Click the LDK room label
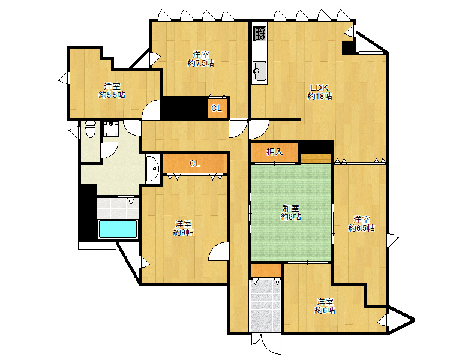pos(320,88)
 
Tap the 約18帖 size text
pos(320,96)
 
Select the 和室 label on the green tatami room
pos(291,208)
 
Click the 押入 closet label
pos(275,152)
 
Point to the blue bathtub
pos(118,229)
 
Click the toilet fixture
pos(90,129)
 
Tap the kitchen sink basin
pos(260,71)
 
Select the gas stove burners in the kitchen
pos(259,34)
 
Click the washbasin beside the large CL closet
pos(152,169)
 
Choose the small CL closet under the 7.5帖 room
pos(217,107)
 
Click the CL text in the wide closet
pos(194,163)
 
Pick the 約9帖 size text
pos(183,232)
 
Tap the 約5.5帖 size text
pos(112,95)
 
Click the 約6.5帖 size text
pos(361,228)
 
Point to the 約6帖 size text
pos(325,310)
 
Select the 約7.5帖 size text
pos(200,63)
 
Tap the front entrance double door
pos(266,344)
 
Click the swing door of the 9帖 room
pos(219,251)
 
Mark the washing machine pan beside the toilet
pos(111,128)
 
